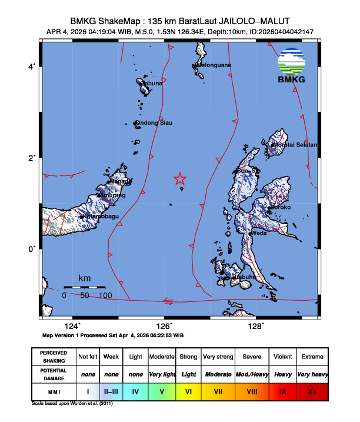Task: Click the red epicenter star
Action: (181, 180)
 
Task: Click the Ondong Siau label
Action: (154, 123)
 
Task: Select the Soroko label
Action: (280, 207)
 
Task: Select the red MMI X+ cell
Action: (311, 390)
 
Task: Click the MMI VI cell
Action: (188, 390)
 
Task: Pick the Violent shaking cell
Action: (281, 357)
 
